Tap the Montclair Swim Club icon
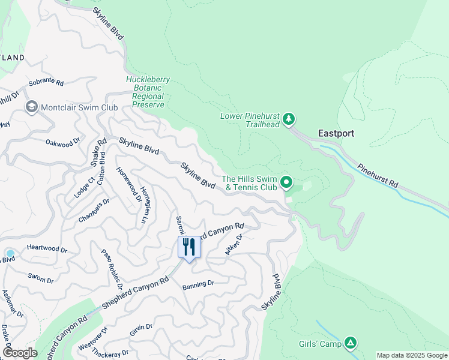coord(31,107)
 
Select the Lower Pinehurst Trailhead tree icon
coord(289,119)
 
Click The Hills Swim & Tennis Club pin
coord(287,182)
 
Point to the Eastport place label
coord(336,133)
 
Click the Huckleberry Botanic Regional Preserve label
coord(148,92)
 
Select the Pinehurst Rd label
coord(377,175)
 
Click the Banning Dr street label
coord(199,284)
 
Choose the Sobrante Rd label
coord(46,81)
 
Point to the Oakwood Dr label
coord(63,143)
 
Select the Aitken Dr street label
coord(233,245)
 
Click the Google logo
coord(20,353)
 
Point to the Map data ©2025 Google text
coord(412,355)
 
